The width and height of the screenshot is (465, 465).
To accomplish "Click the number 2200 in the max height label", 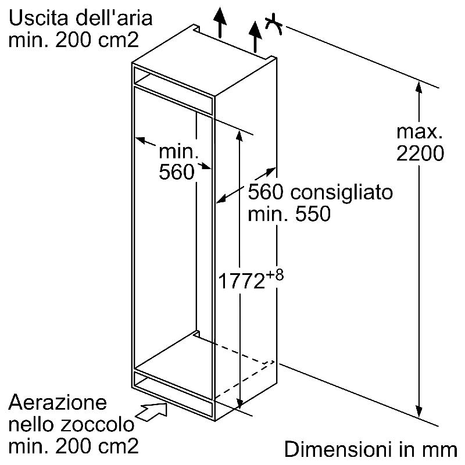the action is click(420, 153).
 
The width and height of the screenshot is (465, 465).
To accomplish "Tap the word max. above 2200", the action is click(419, 132).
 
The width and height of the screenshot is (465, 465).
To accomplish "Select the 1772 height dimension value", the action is click(241, 281).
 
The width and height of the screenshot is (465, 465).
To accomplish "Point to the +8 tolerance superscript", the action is click(274, 276).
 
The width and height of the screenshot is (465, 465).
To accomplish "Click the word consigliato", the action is click(341, 193).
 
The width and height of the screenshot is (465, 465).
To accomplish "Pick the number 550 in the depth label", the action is click(313, 214).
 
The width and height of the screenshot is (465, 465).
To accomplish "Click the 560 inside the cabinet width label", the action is click(177, 171).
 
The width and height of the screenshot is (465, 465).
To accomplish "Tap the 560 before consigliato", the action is click(266, 192).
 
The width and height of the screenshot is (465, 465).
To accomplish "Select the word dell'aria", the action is click(114, 17).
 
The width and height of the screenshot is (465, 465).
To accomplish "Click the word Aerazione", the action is click(58, 402).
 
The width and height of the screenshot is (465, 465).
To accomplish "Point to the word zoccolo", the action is click(97, 424).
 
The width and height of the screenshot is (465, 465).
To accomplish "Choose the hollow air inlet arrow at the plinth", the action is click(152, 412).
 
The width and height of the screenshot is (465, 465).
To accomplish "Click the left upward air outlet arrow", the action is click(220, 23).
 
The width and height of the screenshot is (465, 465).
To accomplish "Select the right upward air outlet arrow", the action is click(255, 36).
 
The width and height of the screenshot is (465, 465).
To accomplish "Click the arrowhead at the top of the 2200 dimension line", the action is click(419, 88).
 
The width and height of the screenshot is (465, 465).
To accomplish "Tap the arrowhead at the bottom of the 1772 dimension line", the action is click(240, 402).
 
